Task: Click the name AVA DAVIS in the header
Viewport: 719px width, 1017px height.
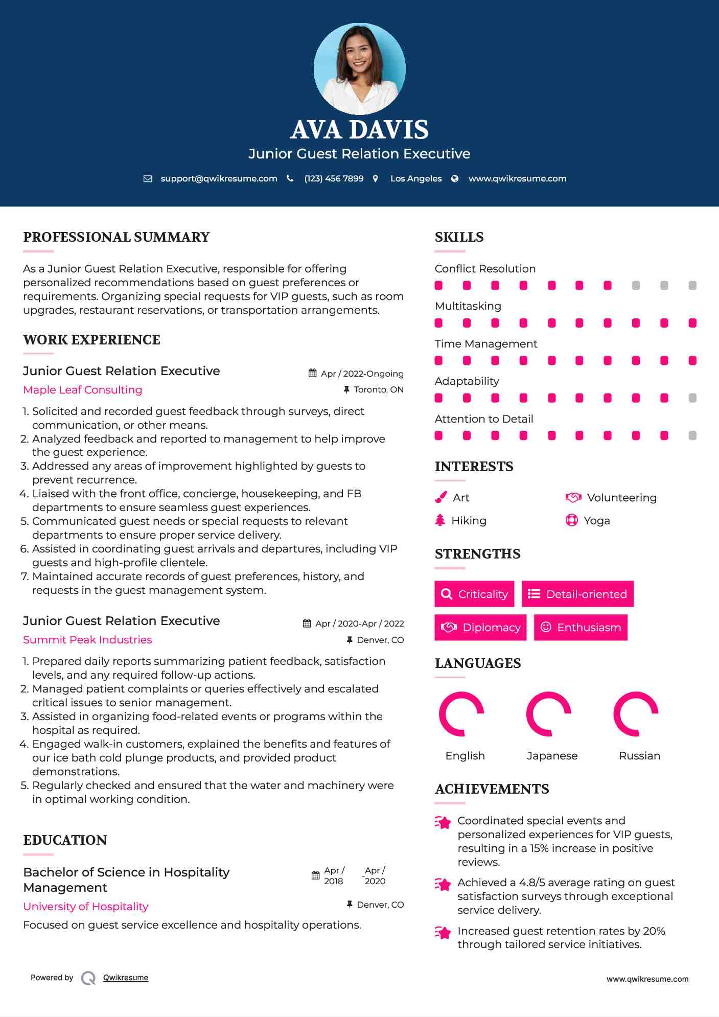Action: point(359,130)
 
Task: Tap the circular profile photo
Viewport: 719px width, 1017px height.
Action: point(359,68)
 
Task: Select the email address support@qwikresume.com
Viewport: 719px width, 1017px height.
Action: point(219,179)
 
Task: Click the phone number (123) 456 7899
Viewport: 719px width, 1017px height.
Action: point(334,179)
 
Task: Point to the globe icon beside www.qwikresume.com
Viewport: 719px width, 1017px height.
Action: point(455,179)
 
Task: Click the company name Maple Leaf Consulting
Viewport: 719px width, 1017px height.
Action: point(83,390)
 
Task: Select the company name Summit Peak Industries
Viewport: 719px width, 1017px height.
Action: point(87,640)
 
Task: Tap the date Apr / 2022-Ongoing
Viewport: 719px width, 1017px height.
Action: point(362,374)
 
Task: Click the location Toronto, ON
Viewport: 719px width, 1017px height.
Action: point(378,390)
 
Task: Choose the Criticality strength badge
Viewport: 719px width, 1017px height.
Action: point(474,594)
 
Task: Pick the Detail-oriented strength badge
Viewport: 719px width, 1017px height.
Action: point(577,594)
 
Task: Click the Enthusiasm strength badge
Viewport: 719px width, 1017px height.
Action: point(581,628)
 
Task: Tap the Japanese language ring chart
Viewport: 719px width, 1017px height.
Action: point(548,714)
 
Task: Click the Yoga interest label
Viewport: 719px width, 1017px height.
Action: point(597,521)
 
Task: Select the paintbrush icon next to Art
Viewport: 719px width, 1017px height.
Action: point(440,497)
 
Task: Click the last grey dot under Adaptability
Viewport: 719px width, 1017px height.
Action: point(692,398)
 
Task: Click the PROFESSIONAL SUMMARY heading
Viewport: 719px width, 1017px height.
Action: point(117,237)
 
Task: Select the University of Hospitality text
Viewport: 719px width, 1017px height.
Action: point(86,907)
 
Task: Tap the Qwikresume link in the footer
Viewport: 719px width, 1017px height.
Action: point(126,978)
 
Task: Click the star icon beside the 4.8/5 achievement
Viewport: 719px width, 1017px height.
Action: point(443,884)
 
